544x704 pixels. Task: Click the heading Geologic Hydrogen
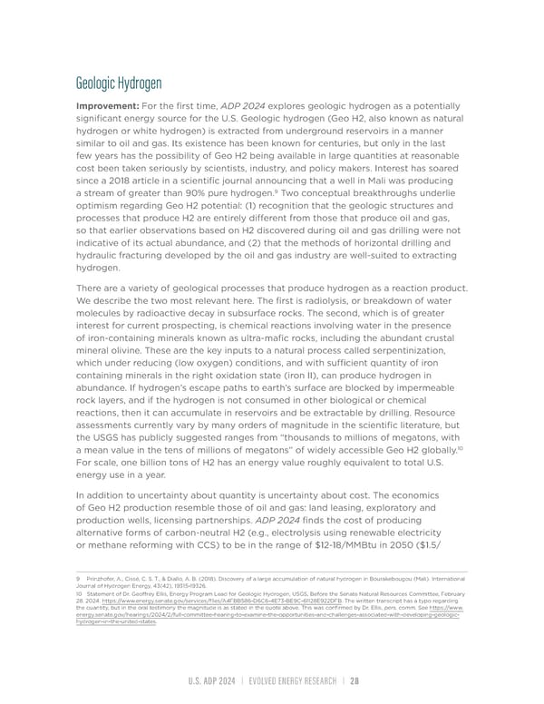coord(119,83)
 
